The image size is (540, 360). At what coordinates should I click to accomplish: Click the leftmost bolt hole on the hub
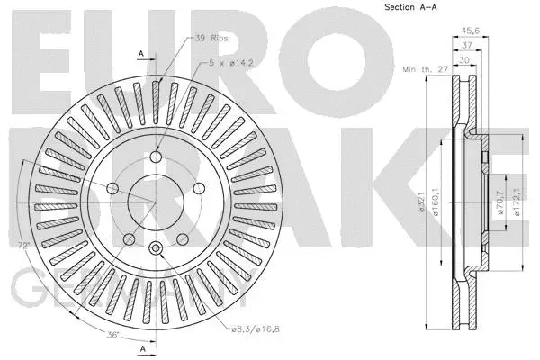tap(114, 188)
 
